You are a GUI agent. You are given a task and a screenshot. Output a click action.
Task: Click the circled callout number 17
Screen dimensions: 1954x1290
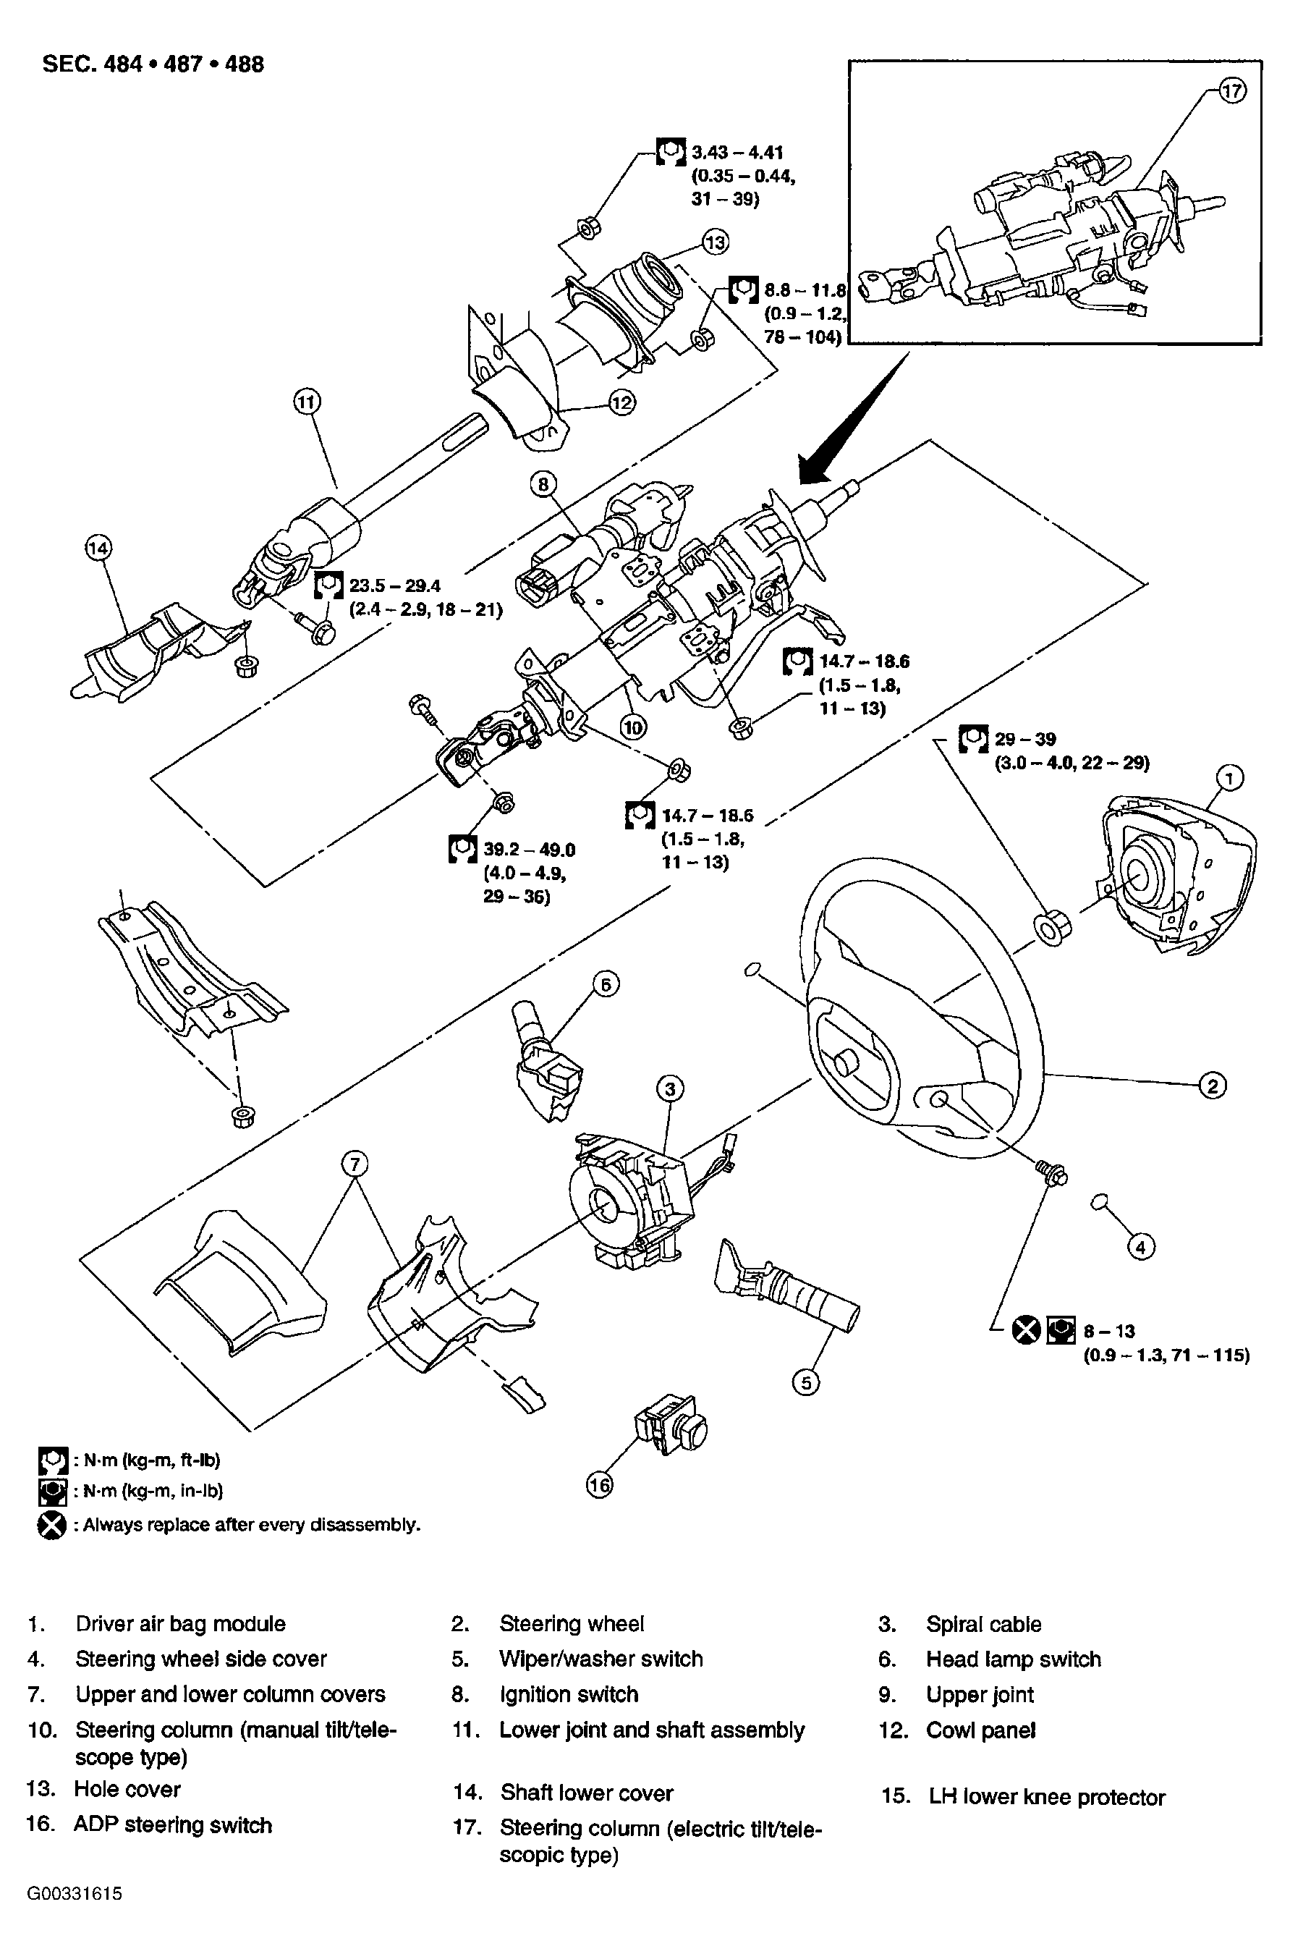[1231, 91]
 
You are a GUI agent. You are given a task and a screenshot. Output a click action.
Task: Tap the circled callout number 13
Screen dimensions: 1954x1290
[716, 242]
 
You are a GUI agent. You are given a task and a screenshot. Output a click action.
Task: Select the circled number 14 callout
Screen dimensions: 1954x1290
[98, 548]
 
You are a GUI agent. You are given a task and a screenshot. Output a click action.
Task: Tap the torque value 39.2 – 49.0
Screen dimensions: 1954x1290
[528, 849]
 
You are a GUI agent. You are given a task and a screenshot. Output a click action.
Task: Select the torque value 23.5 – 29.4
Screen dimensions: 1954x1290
[395, 585]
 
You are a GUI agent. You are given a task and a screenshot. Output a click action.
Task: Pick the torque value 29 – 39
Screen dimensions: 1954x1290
[1025, 739]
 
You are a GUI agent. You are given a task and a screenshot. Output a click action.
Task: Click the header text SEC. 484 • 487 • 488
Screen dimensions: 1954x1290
[153, 64]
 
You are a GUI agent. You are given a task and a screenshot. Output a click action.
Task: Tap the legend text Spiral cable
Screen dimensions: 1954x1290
[983, 1624]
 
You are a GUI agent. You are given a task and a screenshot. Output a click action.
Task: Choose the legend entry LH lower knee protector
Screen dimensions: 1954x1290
[1046, 1797]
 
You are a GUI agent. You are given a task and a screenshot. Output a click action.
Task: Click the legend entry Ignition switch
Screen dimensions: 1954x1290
[569, 1694]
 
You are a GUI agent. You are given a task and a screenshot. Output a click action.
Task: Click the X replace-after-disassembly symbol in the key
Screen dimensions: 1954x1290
[52, 1525]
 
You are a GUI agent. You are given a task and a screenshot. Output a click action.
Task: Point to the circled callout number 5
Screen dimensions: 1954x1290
[805, 1382]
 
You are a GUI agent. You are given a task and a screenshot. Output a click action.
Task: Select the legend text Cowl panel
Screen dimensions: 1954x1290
[980, 1730]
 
